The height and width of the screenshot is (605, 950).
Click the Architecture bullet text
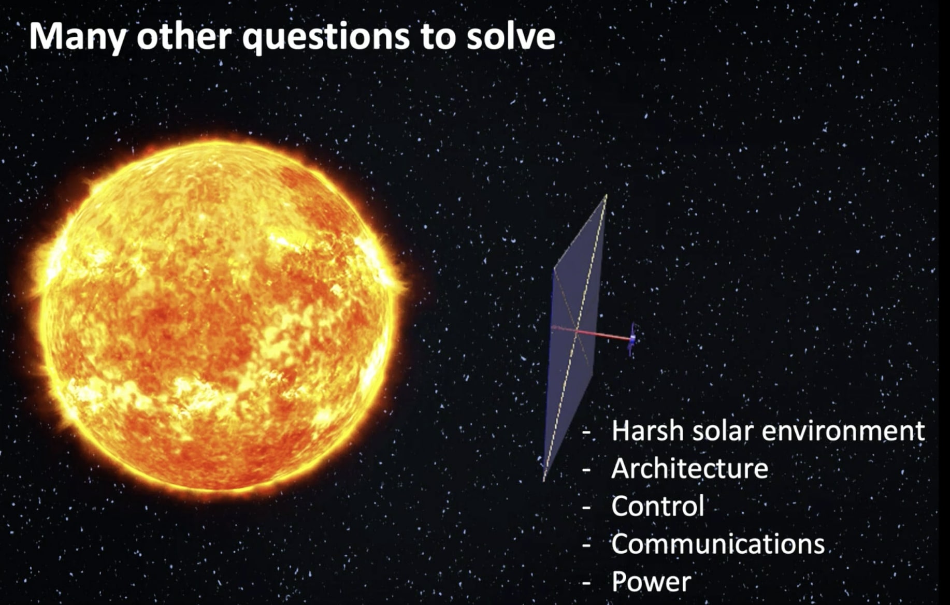[x=689, y=469]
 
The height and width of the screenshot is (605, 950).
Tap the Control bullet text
[x=657, y=506]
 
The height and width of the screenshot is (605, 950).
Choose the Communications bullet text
[x=717, y=544]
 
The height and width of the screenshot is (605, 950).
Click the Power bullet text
[x=651, y=582]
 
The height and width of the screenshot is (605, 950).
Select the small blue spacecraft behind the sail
[x=632, y=339]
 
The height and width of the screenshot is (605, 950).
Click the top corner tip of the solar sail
[x=606, y=196]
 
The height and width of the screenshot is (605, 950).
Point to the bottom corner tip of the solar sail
[x=544, y=479]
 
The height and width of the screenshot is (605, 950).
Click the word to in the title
[x=438, y=37]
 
